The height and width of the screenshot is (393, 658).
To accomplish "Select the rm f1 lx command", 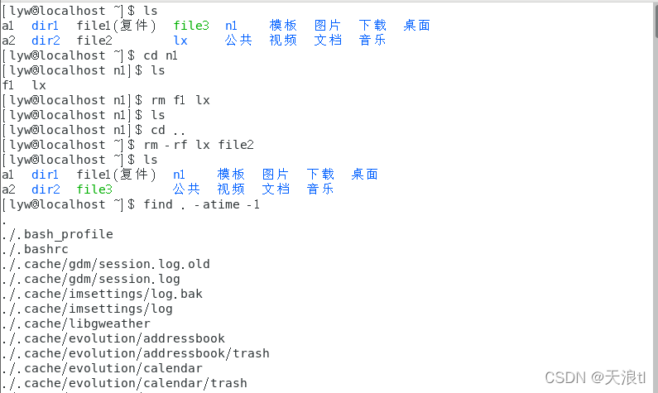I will click(181, 100).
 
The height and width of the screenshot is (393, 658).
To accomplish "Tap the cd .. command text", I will click(167, 130).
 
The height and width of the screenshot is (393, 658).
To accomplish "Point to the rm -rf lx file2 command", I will click(199, 145).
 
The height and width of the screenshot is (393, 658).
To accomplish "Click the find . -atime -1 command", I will click(202, 204).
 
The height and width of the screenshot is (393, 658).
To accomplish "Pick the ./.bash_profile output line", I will click(57, 234).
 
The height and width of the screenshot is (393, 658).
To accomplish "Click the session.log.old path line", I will click(106, 264).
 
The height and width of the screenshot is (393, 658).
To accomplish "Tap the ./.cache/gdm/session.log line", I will click(91, 279).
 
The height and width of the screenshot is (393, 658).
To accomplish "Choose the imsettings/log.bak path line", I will click(103, 294).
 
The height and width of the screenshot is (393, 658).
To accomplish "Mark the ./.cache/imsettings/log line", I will click(87, 309).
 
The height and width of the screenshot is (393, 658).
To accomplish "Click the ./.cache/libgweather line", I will click(76, 324).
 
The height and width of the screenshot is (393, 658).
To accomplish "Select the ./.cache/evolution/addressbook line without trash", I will click(113, 338).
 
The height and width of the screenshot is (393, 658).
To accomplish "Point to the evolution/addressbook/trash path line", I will click(136, 353).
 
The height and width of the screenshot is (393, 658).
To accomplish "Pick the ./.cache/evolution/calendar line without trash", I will click(102, 368).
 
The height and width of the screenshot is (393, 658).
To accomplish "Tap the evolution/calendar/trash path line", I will click(124, 383).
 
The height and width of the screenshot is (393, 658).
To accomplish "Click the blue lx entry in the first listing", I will click(180, 41).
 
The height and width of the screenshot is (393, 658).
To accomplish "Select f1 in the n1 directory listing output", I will click(8, 85).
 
